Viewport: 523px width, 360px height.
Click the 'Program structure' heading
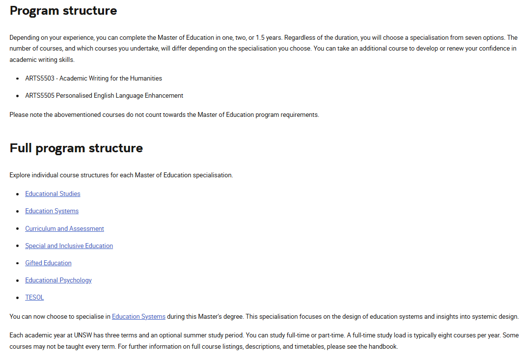(x=63, y=11)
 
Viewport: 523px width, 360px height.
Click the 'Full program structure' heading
(x=76, y=148)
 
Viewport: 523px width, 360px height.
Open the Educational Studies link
(x=53, y=194)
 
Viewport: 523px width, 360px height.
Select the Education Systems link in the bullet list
(x=52, y=211)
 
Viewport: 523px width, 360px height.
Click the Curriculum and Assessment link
(x=64, y=229)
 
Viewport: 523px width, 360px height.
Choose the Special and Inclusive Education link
(x=69, y=246)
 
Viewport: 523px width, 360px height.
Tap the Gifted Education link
(x=48, y=263)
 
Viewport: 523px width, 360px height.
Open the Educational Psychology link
(x=58, y=280)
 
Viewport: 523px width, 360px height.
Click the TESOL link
(x=34, y=298)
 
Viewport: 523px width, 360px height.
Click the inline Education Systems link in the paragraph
(x=138, y=317)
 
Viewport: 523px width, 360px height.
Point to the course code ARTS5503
(x=40, y=79)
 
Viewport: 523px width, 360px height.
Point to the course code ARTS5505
(x=40, y=96)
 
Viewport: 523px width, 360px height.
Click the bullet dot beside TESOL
(x=17, y=298)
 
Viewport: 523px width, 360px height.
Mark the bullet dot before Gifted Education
(x=17, y=263)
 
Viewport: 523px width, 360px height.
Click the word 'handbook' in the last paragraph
(x=384, y=347)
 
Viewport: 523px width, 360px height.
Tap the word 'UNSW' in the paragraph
(x=83, y=335)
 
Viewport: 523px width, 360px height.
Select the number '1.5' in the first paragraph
(x=261, y=38)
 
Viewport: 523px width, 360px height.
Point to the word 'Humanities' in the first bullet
(x=146, y=79)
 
